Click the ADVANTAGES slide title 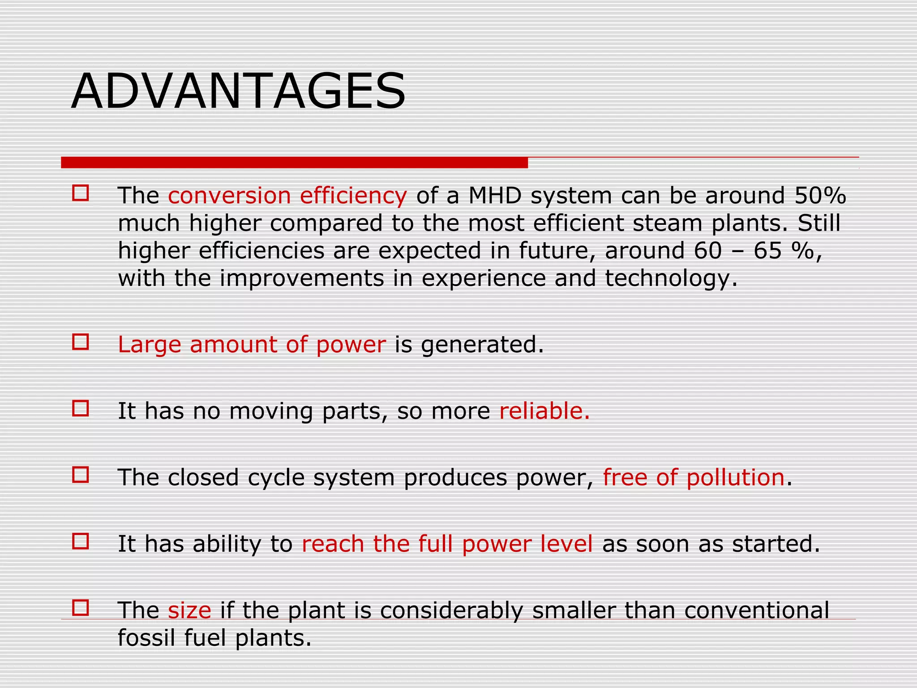point(238,91)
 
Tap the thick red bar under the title point(294,163)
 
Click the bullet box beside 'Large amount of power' point(81,343)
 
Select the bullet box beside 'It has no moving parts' point(81,409)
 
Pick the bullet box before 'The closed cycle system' point(81,475)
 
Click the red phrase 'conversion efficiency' point(287,196)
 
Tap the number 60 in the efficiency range point(708,251)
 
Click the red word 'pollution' point(735,477)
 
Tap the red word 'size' point(189,610)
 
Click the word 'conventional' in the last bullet point(757,610)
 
